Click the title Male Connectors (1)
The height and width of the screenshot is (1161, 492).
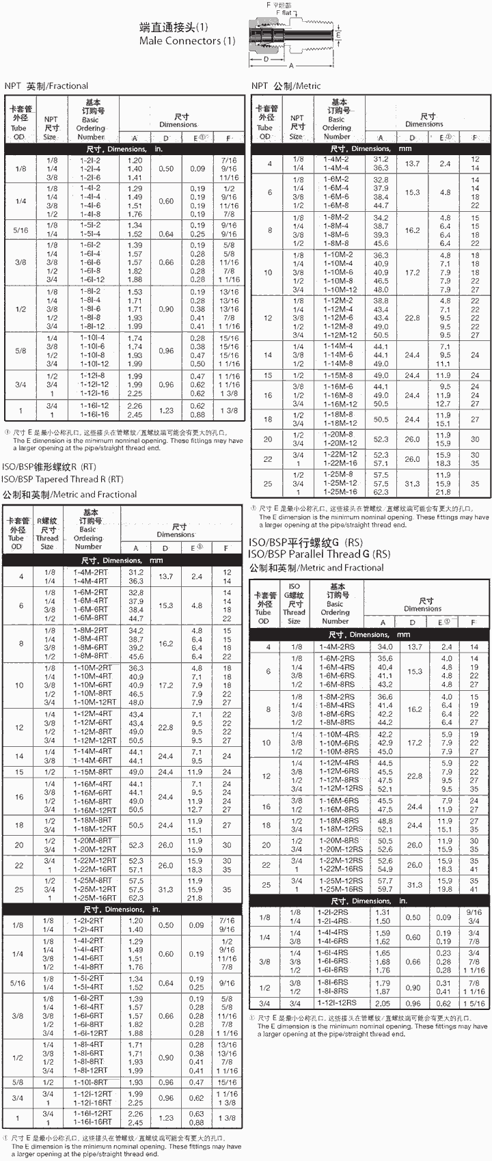coord(187,41)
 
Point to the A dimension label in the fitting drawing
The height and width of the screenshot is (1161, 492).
coord(291,66)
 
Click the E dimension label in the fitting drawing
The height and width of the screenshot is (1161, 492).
coord(338,35)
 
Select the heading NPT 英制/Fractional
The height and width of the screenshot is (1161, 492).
coord(46,86)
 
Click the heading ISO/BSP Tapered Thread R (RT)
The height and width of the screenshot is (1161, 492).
coord(63,479)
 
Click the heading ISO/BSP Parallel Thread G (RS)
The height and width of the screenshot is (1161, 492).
coord(319,554)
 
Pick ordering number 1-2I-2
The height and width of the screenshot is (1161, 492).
coord(90,161)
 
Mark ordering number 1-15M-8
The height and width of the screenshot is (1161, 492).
coord(336,375)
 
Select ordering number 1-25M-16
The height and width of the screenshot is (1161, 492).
coord(339,492)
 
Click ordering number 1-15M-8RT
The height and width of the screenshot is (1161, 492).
coord(92,772)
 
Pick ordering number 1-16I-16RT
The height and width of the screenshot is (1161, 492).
coord(92,1123)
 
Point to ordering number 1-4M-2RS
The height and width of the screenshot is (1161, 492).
coord(337,646)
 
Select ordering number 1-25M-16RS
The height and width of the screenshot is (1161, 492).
coord(338,889)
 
